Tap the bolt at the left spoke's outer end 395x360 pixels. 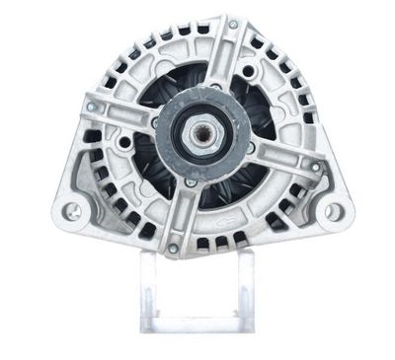(x=91, y=106)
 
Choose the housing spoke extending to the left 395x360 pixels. (x=123, y=115)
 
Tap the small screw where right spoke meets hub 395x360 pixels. (x=252, y=148)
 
